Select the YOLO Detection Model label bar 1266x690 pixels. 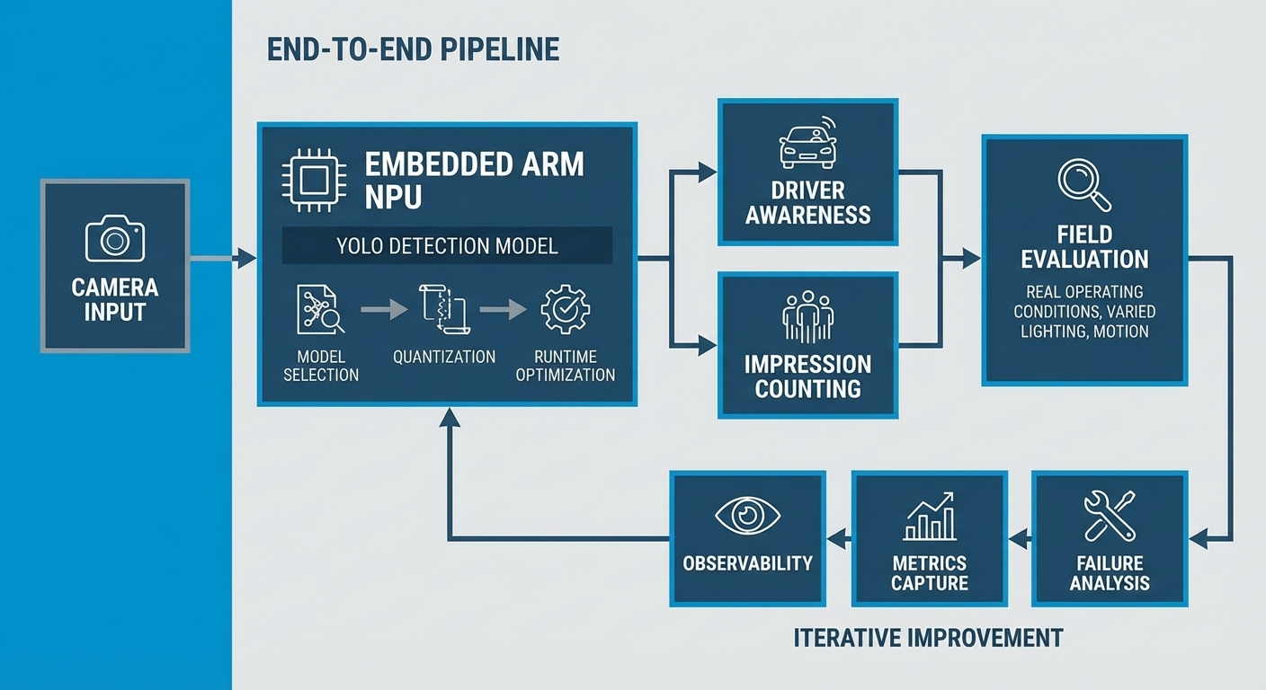[447, 245]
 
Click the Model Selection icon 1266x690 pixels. [320, 310]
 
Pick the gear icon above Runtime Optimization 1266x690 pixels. [565, 310]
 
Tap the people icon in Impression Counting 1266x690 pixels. [807, 316]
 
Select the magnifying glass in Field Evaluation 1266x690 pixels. [1084, 184]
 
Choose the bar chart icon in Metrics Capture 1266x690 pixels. [930, 517]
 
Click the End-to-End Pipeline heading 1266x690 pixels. [414, 49]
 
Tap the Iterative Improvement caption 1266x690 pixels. [928, 638]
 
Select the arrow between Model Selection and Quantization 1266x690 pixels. [383, 310]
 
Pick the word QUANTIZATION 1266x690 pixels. [443, 357]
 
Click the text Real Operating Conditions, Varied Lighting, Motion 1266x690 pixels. [1084, 312]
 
